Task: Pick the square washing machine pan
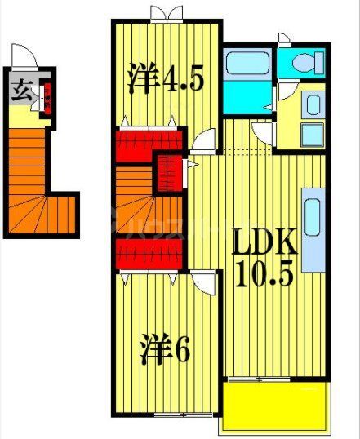[312, 133]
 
